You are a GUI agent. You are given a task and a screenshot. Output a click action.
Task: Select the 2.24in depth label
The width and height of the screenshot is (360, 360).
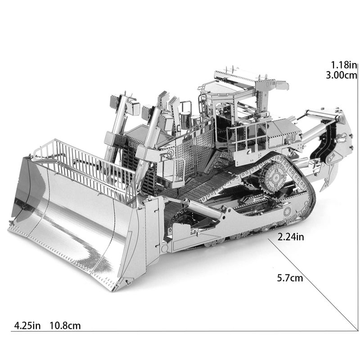[x=291, y=237]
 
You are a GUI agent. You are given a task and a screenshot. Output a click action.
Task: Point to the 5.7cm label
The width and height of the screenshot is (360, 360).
[x=290, y=278]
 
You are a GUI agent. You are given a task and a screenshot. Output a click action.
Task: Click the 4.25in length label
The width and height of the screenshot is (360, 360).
[x=27, y=325]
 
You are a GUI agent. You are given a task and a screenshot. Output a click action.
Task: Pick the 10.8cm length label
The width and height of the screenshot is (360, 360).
[x=65, y=325]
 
